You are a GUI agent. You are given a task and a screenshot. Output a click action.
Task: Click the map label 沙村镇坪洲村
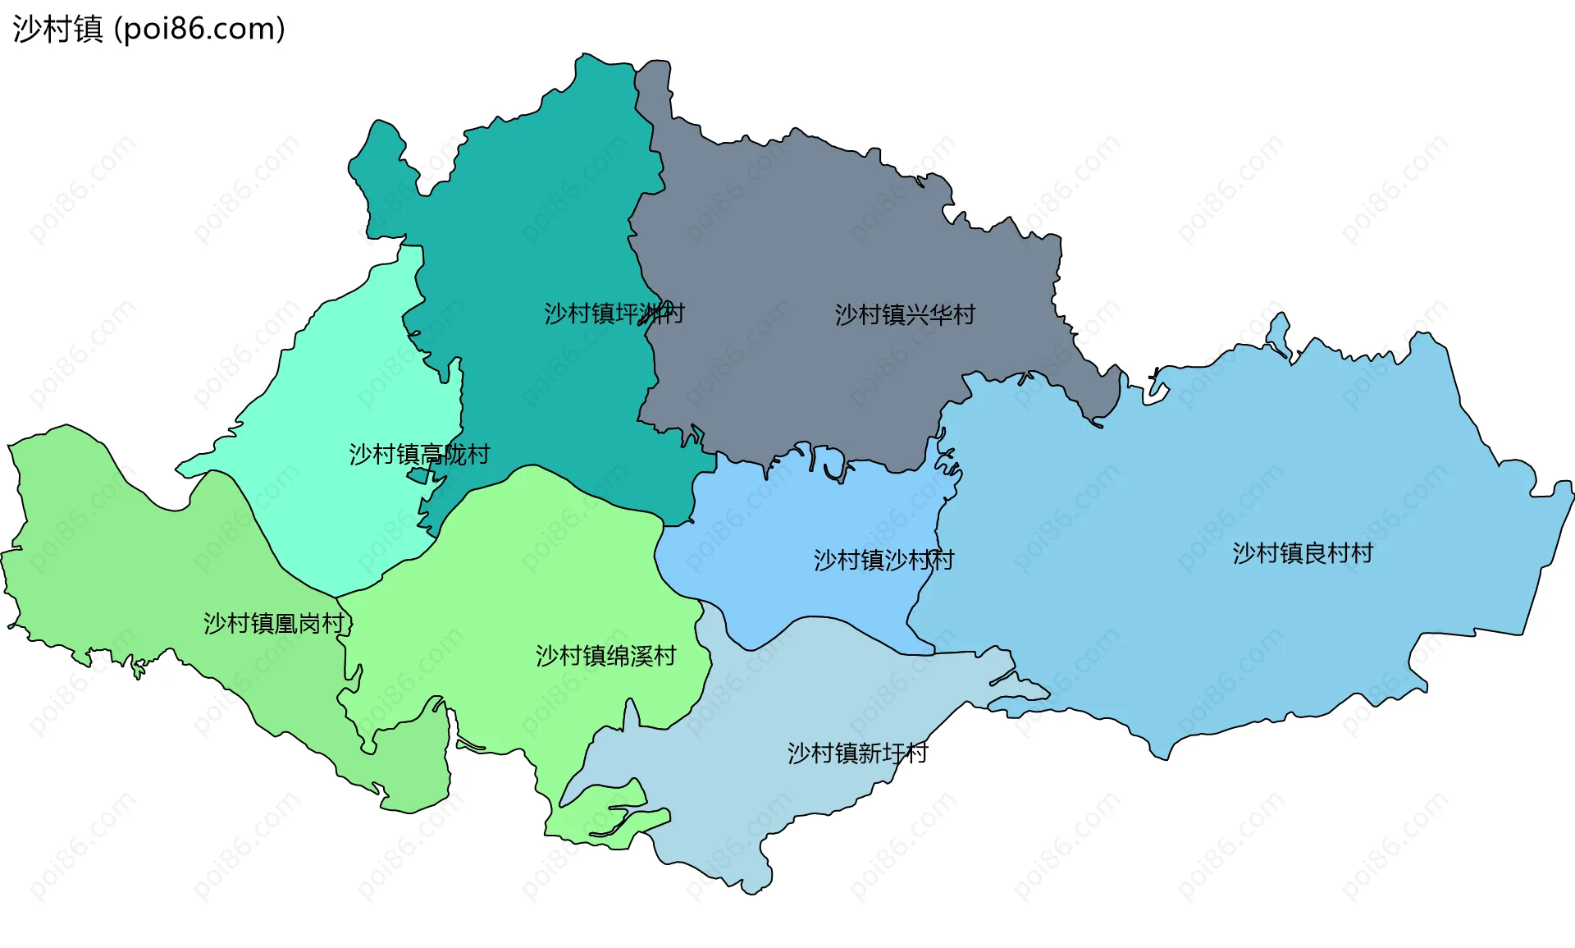tap(614, 314)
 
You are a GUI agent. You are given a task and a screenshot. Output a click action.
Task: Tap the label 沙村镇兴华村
tap(905, 315)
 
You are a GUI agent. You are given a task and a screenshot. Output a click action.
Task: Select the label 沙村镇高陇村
tap(419, 455)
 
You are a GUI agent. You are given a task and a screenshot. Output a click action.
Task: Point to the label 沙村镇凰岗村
tap(274, 624)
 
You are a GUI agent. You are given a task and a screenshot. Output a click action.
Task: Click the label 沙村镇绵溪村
tap(605, 657)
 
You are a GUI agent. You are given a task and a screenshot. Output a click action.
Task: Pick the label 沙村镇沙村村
tap(883, 561)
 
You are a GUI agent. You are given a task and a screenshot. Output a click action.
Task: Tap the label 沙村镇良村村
tap(1303, 554)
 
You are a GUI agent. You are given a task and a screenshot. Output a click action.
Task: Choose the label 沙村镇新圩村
tap(857, 753)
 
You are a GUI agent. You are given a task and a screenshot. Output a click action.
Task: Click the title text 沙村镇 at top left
tap(57, 30)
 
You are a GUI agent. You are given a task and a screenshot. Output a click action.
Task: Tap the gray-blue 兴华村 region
tap(820, 230)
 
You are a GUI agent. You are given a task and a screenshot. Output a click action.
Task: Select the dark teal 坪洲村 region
tap(541, 205)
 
